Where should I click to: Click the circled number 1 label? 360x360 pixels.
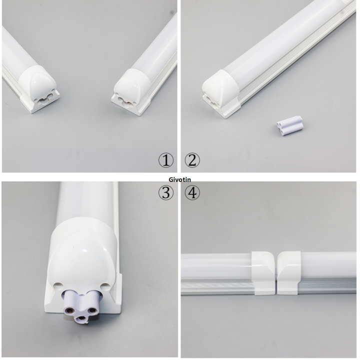pyautogui.click(x=165, y=160)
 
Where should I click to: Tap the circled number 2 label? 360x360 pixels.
pyautogui.click(x=192, y=160)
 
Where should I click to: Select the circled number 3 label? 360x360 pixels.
pyautogui.click(x=165, y=192)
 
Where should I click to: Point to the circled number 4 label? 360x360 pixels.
pyautogui.click(x=192, y=192)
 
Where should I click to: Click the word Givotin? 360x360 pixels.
pyautogui.click(x=180, y=179)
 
